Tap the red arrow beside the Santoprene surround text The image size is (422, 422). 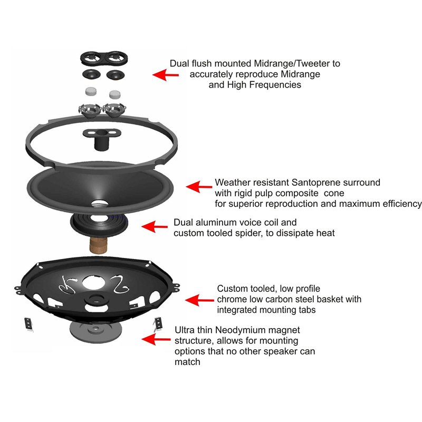click(199, 186)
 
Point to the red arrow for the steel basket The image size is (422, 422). click(199, 300)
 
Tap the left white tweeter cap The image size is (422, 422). click(91, 90)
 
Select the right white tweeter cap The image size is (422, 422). click(114, 94)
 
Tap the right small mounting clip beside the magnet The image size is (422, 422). click(159, 322)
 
